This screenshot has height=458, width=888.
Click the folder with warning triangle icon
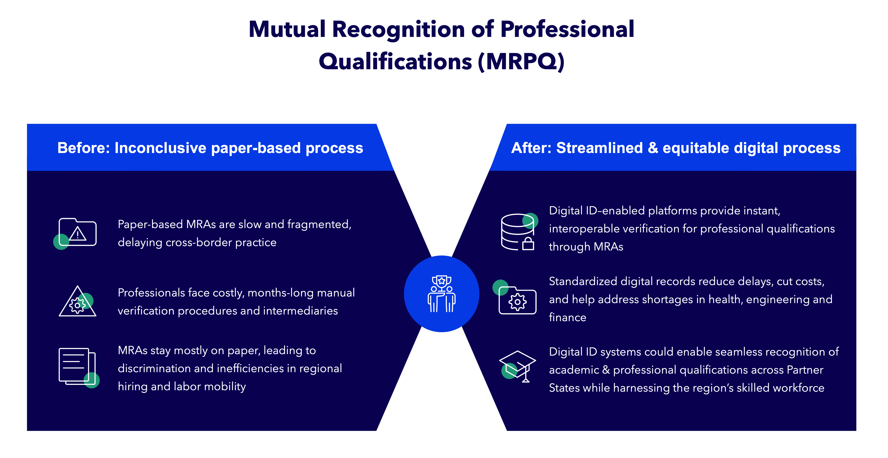[78, 232]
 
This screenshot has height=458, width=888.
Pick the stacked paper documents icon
[77, 366]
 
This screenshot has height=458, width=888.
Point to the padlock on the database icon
[528, 244]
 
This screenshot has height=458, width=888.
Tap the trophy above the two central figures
[442, 281]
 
